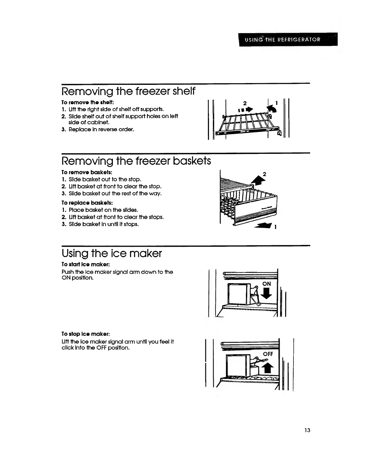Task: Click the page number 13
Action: click(x=307, y=430)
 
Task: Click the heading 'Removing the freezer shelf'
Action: click(x=128, y=91)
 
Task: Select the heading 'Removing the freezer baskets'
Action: click(x=136, y=161)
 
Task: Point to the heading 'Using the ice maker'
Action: click(x=111, y=253)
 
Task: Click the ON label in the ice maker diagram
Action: click(x=266, y=284)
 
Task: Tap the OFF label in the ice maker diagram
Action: click(x=268, y=354)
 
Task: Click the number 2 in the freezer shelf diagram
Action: click(x=245, y=103)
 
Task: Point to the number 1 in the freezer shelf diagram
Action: click(x=276, y=103)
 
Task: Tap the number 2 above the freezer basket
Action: click(x=265, y=174)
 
